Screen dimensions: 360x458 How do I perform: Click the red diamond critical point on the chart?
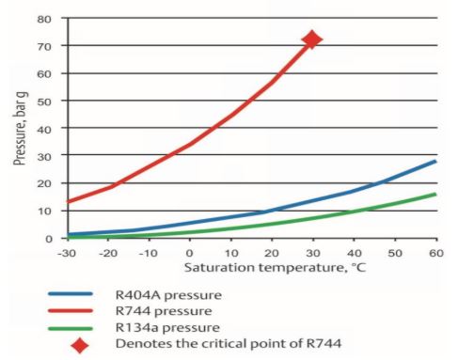(311, 39)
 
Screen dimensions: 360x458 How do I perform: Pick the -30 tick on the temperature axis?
(65, 254)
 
